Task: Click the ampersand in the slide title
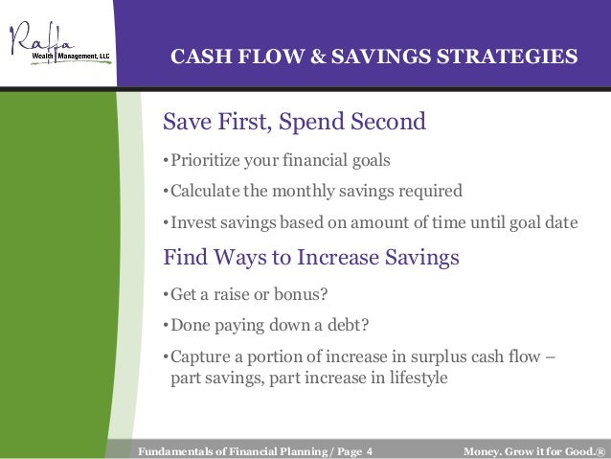(318, 57)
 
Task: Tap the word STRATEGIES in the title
(508, 57)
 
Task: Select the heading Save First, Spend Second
(294, 122)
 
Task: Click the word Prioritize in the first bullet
(205, 160)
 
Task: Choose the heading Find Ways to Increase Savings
(311, 258)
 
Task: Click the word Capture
(200, 357)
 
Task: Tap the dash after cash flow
(551, 356)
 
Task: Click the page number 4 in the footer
(369, 451)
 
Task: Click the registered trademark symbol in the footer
(600, 451)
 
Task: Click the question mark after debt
(365, 325)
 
